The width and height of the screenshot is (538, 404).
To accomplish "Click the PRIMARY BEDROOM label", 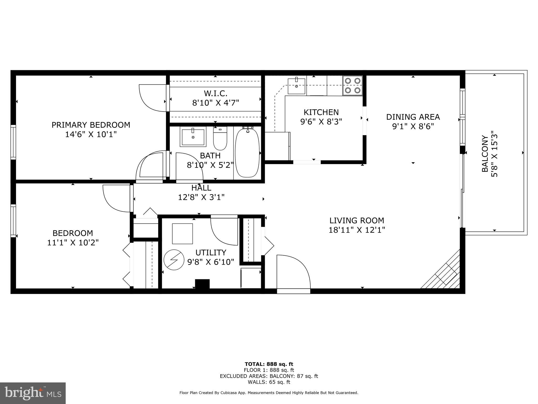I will pyautogui.click(x=91, y=125).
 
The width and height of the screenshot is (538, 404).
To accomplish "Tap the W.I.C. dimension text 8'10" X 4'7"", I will pyautogui.click(x=215, y=103).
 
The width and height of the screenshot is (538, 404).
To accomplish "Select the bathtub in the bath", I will pyautogui.click(x=247, y=153).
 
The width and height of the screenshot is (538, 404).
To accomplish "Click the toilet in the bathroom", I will pyautogui.click(x=220, y=138).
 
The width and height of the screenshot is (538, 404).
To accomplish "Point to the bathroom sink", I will pyautogui.click(x=193, y=138).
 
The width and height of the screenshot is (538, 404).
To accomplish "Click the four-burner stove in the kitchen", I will pyautogui.click(x=353, y=85).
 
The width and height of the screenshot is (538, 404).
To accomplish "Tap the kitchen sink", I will pyautogui.click(x=297, y=86).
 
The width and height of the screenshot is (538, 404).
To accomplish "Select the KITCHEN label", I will pyautogui.click(x=321, y=112).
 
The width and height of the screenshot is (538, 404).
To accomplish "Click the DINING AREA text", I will pyautogui.click(x=413, y=117).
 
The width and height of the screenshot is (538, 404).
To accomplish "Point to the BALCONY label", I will pyautogui.click(x=485, y=154).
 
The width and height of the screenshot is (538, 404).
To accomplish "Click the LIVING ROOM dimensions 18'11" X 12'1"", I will pyautogui.click(x=356, y=230).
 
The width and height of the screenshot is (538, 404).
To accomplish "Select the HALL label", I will pyautogui.click(x=201, y=188).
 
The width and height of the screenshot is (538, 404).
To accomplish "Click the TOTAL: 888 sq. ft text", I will pyautogui.click(x=269, y=364).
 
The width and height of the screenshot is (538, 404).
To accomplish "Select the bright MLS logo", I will pyautogui.click(x=33, y=393).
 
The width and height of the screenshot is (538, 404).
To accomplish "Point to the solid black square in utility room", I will pyautogui.click(x=202, y=284).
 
